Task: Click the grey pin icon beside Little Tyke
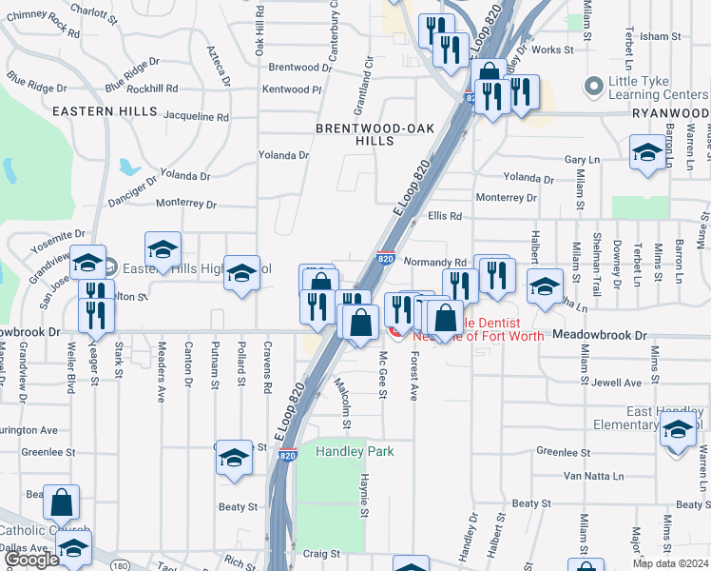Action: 595,87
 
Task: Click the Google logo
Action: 31,560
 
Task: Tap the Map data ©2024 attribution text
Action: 669,563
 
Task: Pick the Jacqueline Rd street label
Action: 197,117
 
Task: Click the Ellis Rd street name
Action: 444,216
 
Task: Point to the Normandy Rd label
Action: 434,262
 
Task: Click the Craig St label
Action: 321,553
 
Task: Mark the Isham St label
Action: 655,37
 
